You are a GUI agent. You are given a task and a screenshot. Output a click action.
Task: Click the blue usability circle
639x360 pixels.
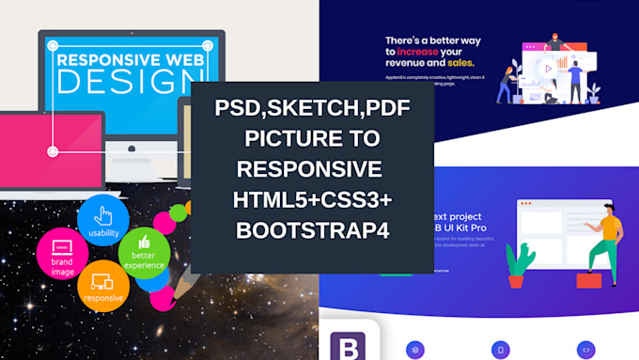click(x=104, y=218)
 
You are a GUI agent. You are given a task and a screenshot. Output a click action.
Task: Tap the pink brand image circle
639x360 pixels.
click(x=61, y=254)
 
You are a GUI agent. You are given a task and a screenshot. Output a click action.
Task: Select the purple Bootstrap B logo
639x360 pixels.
click(x=351, y=345)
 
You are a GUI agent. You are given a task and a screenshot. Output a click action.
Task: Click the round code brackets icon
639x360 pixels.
click(x=587, y=349)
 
